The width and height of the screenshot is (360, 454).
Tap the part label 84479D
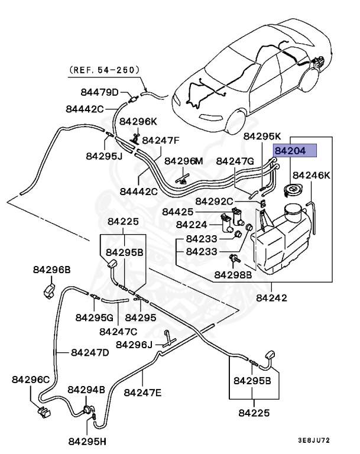pos(100,92)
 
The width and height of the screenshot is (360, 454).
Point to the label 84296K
pos(138,122)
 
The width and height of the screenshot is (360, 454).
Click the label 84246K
pos(312,176)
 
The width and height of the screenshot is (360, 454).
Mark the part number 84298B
pos(233,275)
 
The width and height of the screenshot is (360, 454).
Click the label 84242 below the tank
pos(271,298)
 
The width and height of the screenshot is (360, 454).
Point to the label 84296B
pos(51,270)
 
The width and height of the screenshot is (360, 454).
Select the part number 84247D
pos(90,352)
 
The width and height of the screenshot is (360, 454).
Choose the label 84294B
pos(86,390)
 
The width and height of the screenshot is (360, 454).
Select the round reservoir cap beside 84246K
pos(291,190)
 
